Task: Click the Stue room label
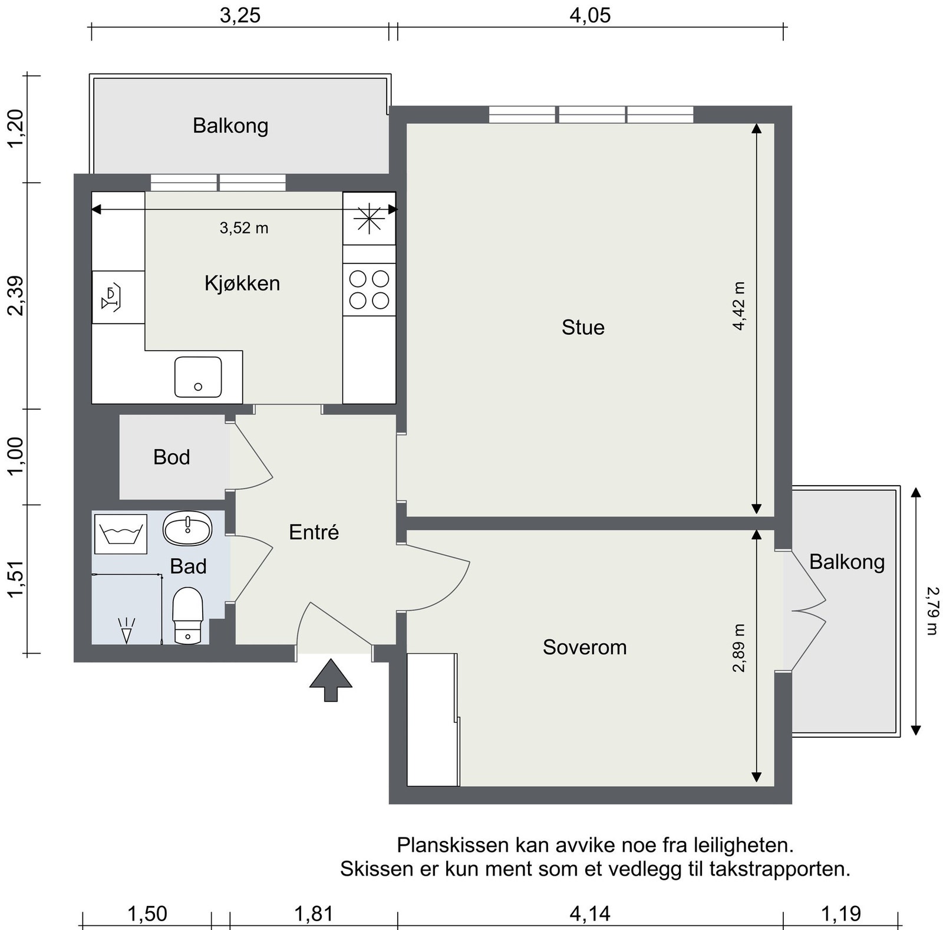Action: coord(583,327)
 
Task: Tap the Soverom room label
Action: coord(585,647)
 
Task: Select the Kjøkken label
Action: coord(242,283)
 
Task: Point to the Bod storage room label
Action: coord(172,457)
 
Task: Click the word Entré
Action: coord(314,532)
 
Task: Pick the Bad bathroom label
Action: coord(188,566)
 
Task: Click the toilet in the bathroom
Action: coord(188,615)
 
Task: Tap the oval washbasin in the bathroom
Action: coord(187,528)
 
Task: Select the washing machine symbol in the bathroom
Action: coord(121,534)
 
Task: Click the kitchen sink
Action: coord(198,377)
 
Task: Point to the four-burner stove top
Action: coord(369,289)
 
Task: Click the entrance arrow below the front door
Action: coord(331,680)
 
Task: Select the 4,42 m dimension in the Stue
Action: coord(739,306)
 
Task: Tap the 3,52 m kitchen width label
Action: coord(244,228)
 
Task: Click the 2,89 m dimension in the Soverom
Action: coord(739,648)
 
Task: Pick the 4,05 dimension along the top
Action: coord(590,15)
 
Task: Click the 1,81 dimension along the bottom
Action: coord(314,914)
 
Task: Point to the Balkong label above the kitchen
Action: coord(230,126)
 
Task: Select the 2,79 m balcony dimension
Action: coord(931,611)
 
